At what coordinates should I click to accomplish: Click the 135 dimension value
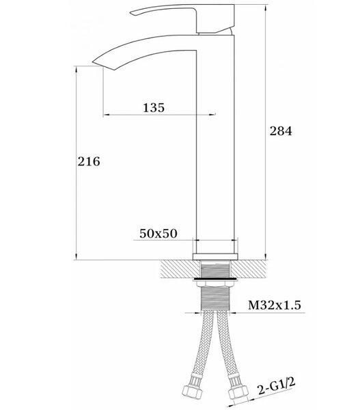point(154,108)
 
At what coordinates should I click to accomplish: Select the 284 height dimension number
point(281,131)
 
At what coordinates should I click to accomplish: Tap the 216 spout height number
point(89,161)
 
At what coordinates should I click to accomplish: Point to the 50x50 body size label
point(158,234)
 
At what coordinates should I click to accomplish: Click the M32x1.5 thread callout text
point(274,305)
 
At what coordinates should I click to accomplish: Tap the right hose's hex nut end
point(237,392)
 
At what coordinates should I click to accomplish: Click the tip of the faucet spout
point(92,62)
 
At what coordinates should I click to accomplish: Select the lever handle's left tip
point(130,13)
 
